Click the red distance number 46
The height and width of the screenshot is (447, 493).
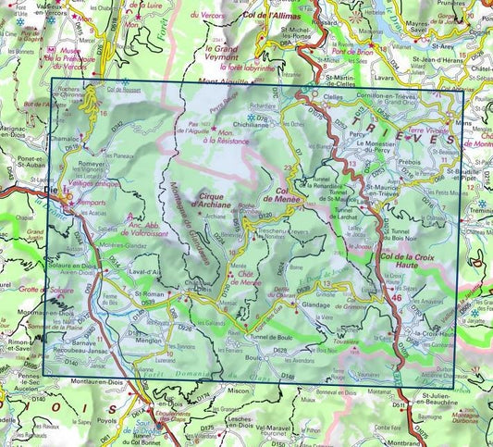pos(397,299)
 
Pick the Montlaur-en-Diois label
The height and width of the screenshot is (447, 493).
pos(86,383)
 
